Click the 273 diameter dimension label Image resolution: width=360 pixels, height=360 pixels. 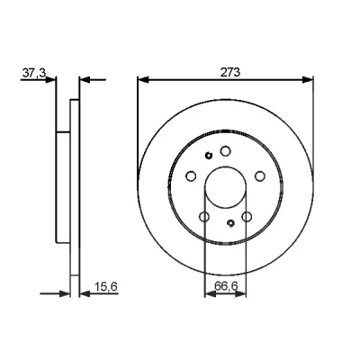pyautogui.click(x=230, y=72)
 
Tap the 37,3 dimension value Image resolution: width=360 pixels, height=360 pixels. pyautogui.click(x=34, y=73)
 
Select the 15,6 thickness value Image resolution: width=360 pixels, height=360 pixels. pyautogui.click(x=106, y=287)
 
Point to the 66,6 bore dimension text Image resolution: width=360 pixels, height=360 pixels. pyautogui.click(x=226, y=286)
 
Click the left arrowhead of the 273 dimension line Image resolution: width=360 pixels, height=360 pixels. pyautogui.click(x=143, y=80)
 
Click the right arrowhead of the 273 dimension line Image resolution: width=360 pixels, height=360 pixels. pyautogui.click(x=308, y=80)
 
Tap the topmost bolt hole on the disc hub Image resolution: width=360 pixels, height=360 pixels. pyautogui.click(x=225, y=150)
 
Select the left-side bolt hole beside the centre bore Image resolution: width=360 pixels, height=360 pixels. pyautogui.click(x=191, y=176)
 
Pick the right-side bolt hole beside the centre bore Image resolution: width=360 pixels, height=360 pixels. pyautogui.click(x=260, y=176)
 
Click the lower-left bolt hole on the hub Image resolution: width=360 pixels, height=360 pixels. pyautogui.click(x=204, y=216)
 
